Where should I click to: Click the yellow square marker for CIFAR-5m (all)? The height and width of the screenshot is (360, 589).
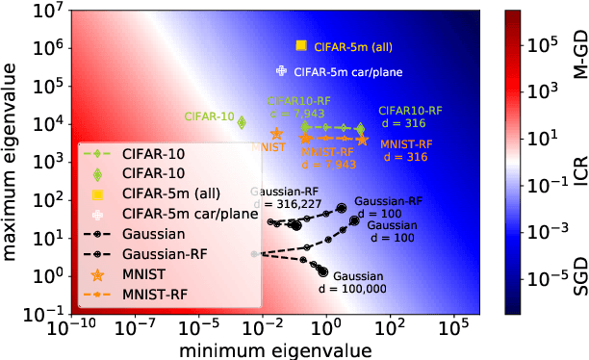click(301, 45)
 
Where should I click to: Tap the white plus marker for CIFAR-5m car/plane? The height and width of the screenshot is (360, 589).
click(281, 71)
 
